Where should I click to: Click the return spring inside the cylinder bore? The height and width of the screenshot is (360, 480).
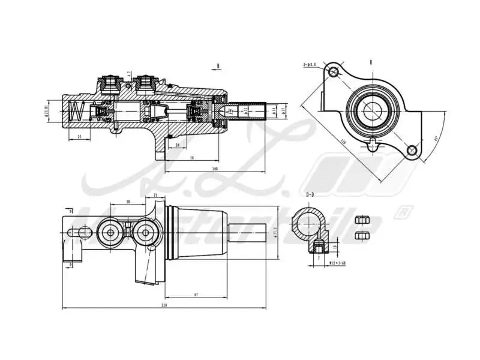click(76, 111)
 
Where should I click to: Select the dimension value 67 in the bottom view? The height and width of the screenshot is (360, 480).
click(196, 294)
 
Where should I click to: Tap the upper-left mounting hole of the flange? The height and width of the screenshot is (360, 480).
click(335, 73)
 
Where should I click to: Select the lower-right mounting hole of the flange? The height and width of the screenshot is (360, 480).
click(412, 150)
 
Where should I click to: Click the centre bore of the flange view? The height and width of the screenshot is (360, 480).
click(373, 110)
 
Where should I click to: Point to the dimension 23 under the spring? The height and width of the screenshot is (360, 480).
click(80, 137)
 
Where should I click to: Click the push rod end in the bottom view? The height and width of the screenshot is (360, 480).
click(246, 232)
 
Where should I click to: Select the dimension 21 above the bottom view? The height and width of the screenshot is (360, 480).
click(155, 195)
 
